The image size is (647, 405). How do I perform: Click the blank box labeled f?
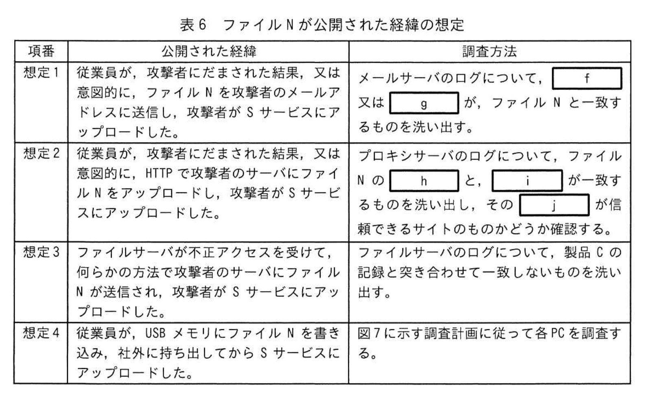pyautogui.click(x=586, y=78)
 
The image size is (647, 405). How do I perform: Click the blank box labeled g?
pyautogui.click(x=424, y=103)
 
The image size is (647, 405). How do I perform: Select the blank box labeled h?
pyautogui.click(x=424, y=181)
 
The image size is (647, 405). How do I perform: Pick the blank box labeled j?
pyautogui.click(x=554, y=205)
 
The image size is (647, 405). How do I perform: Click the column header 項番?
pyautogui.click(x=41, y=51)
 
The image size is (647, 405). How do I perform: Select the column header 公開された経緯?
pyautogui.click(x=208, y=51)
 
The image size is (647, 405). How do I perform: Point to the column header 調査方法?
pyautogui.click(x=490, y=51)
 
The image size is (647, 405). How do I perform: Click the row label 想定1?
pyautogui.click(x=41, y=73)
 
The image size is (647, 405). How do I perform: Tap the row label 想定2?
pyautogui.click(x=41, y=153)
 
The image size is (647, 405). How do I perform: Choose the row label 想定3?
pyautogui.click(x=41, y=252)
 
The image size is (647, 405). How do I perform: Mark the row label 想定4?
pyautogui.click(x=41, y=333)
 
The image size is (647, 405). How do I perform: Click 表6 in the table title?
pyautogui.click(x=193, y=25)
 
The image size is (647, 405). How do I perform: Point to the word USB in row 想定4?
pyautogui.click(x=155, y=333)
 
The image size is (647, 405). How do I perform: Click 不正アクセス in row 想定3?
pyautogui.click(x=227, y=253)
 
